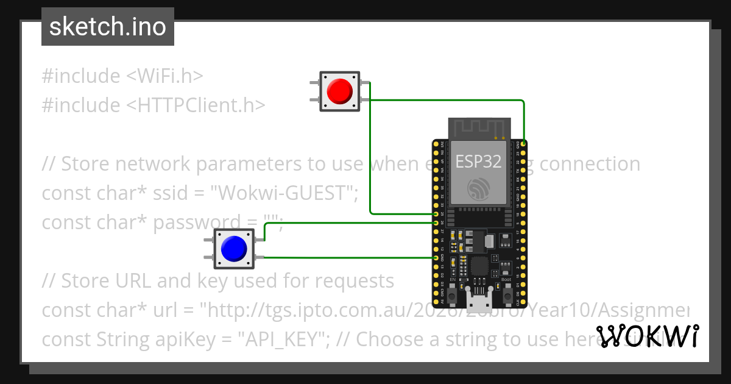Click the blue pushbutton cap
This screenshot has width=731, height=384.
234,249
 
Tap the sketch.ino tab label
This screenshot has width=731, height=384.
108,27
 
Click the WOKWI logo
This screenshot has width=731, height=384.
647,336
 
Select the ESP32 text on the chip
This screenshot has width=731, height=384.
479,161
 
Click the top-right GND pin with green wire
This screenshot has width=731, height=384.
524,143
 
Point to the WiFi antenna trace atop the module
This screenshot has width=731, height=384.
479,128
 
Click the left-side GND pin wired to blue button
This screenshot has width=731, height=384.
435,258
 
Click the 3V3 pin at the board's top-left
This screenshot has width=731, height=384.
435,143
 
